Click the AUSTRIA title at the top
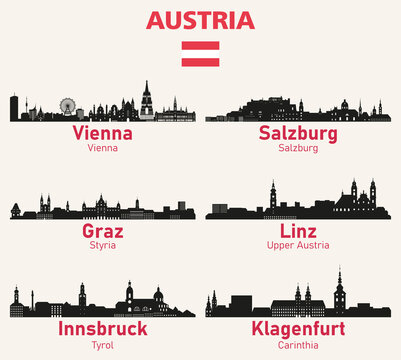pyautogui.click(x=200, y=21)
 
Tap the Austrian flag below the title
pyautogui.click(x=200, y=55)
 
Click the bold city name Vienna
pyautogui.click(x=103, y=134)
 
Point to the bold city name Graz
pyautogui.click(x=103, y=231)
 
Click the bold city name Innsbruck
pyautogui.click(x=103, y=328)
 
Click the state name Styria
pyautogui.click(x=103, y=246)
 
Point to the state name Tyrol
pyautogui.click(x=103, y=343)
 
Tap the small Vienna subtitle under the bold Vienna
pyautogui.click(x=103, y=148)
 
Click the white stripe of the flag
pyautogui.click(x=200, y=55)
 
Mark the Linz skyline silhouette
pyautogui.click(x=300, y=205)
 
